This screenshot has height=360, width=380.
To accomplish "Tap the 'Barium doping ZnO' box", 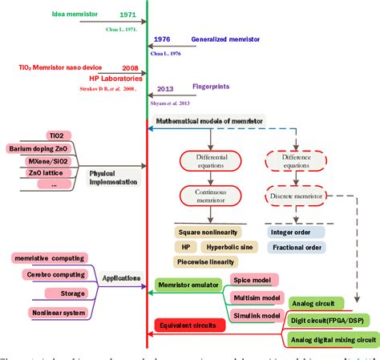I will (39, 149).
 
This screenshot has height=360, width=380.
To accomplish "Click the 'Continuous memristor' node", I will (209, 196).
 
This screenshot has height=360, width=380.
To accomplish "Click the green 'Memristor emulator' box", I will (187, 284).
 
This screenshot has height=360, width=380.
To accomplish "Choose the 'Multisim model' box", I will (255, 297).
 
